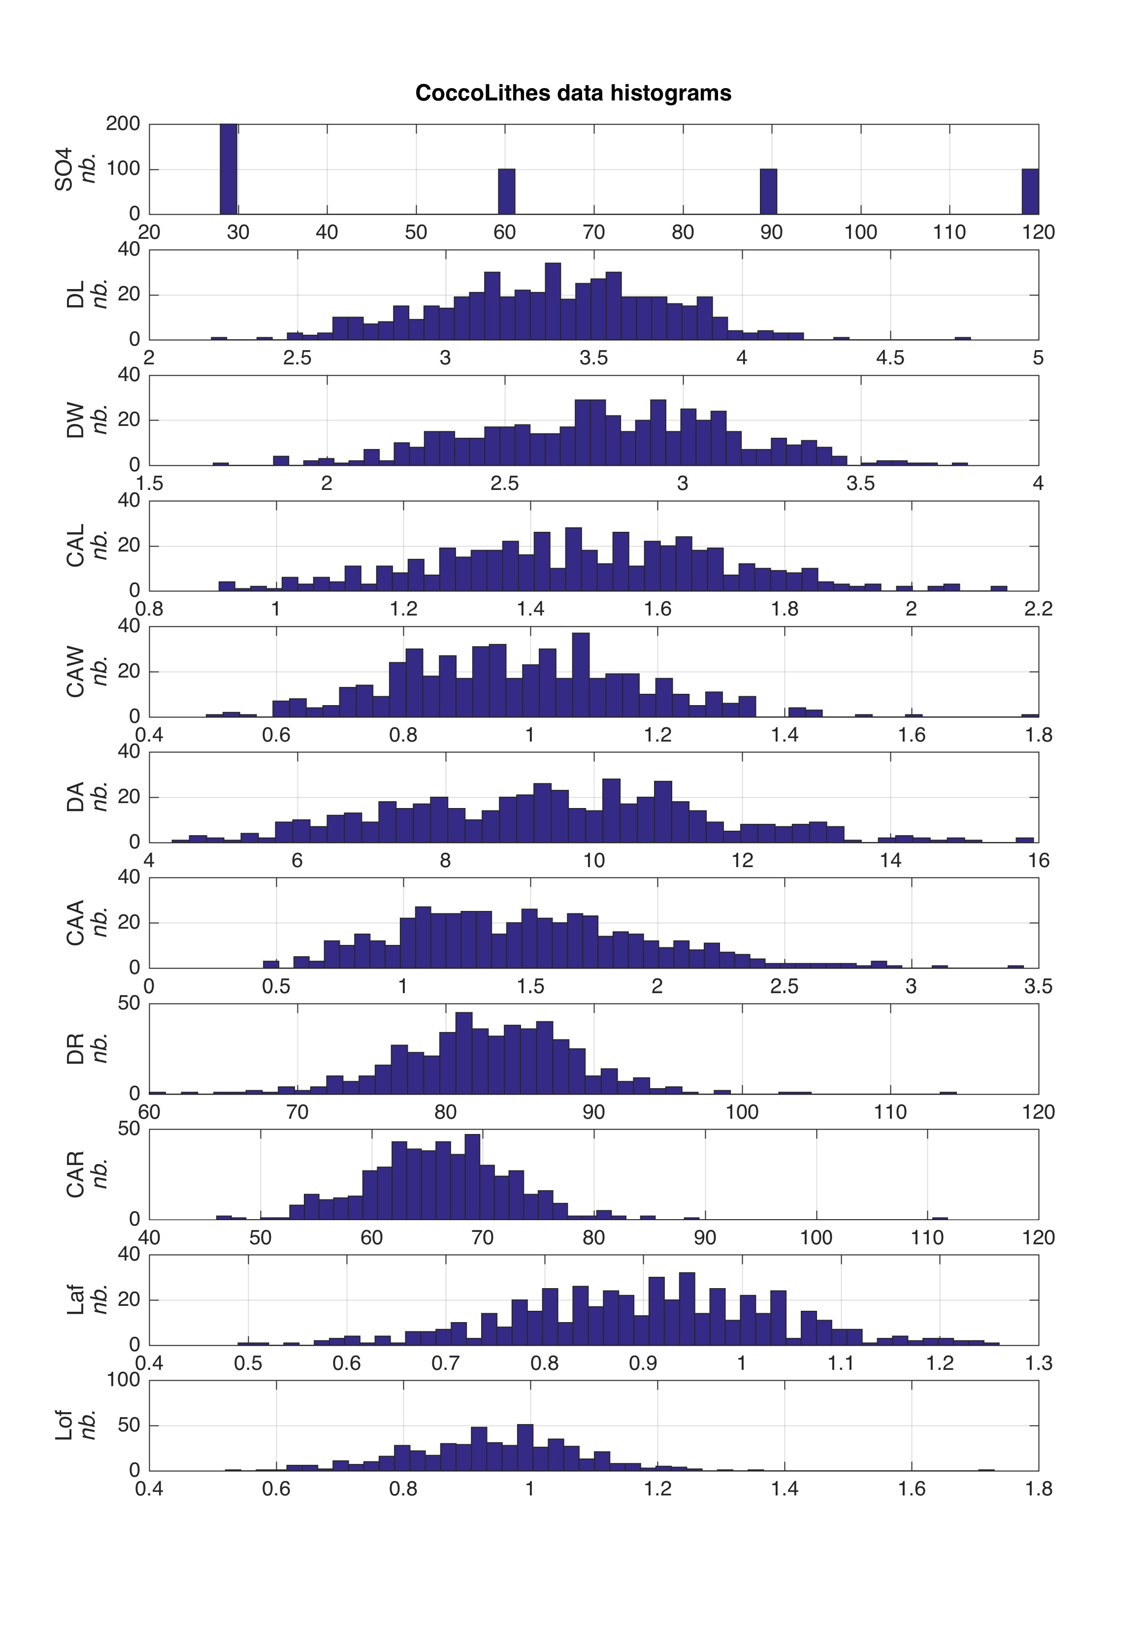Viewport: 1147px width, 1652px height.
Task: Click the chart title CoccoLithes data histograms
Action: (573, 94)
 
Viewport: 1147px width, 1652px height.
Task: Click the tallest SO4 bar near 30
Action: (229, 169)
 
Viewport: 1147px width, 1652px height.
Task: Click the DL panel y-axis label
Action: (75, 294)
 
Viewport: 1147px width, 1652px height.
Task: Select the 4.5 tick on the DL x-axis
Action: (890, 358)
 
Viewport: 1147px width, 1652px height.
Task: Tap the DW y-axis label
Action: (75, 421)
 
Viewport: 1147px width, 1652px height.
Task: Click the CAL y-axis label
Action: (75, 546)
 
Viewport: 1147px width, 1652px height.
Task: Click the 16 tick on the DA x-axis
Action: (1038, 860)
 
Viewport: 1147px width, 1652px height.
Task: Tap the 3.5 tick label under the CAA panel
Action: (1038, 986)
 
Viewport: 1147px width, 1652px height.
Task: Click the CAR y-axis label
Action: (75, 1174)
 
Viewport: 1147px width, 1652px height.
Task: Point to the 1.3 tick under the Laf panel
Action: (1038, 1363)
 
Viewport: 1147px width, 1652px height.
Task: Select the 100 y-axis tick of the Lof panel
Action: (123, 1380)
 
